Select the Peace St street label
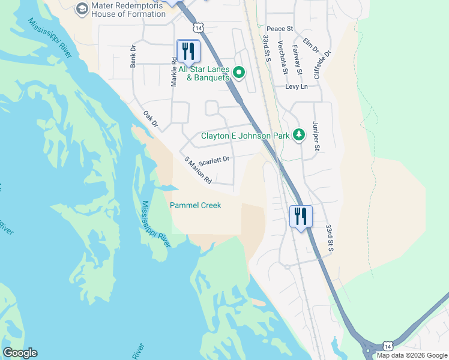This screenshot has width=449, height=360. coord(279,29)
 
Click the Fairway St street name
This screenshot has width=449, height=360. coord(296,59)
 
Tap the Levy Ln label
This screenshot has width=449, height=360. coord(296,87)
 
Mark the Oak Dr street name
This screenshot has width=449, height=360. coord(150,119)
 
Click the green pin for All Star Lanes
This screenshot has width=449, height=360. coord(238,73)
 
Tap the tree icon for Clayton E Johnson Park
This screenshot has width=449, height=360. coord(298,135)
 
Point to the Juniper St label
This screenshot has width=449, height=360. coord(316,136)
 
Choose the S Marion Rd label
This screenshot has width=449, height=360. coord(198,170)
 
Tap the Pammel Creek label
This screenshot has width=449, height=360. coord(195,205)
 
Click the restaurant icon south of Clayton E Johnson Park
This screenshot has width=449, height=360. coord(300,215)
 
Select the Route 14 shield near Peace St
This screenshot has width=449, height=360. coord(198,28)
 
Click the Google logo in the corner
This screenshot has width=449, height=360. coord(20,353)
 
